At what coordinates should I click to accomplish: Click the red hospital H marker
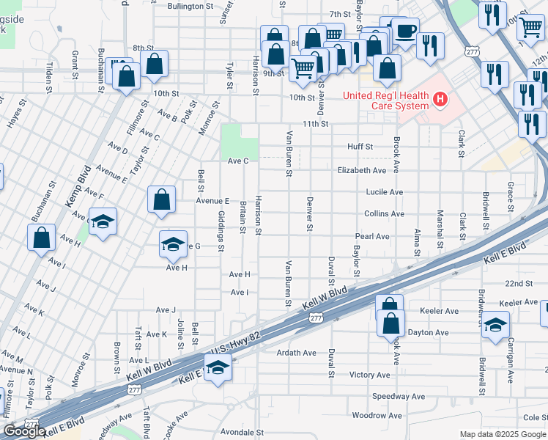point(440,99)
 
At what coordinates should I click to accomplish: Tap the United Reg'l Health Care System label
point(386,100)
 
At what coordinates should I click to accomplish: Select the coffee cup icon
point(405,31)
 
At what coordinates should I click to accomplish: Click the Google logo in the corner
point(24,431)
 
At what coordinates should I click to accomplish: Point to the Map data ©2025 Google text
point(502,434)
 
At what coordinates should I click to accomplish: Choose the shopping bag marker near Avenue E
point(161,199)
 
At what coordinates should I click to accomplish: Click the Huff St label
point(360,147)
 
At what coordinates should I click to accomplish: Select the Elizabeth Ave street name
point(361,170)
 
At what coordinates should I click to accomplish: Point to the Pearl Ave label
point(372,237)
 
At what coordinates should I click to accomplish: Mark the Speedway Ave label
point(398,396)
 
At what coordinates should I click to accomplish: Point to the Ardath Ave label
point(296,353)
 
